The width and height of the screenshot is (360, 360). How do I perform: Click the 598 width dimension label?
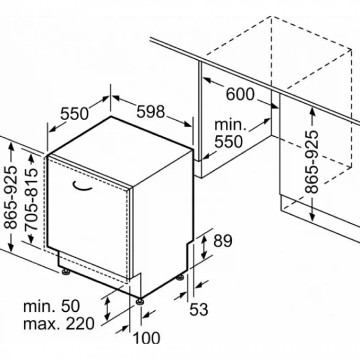point(151,111)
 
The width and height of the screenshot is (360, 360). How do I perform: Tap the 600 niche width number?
point(240,94)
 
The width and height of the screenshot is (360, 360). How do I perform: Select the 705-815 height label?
point(31,199)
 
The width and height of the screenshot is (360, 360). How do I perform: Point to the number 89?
point(223,241)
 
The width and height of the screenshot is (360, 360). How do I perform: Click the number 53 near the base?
point(199,309)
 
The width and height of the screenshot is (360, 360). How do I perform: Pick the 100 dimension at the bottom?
point(146,338)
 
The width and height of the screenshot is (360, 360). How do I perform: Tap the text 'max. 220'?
point(59,324)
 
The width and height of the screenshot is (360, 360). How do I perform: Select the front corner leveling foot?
point(140,302)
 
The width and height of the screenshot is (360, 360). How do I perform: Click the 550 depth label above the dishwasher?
point(75,114)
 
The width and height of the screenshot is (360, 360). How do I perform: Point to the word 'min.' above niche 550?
point(230,125)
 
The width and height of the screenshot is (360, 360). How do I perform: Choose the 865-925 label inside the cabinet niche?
point(312,162)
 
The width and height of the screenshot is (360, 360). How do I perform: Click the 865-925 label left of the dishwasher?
point(11,197)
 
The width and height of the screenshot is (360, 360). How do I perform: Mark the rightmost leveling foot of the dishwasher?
point(180,277)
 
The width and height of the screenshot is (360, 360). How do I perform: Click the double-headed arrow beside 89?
point(204,247)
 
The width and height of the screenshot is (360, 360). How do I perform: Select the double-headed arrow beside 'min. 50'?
point(107,308)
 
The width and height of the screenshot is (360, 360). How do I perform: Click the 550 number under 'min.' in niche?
point(228,141)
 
